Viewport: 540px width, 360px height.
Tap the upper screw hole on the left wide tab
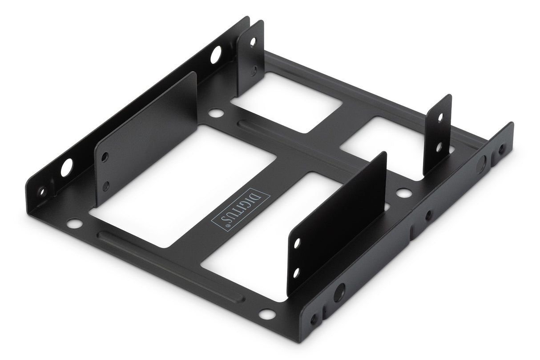point(105,157)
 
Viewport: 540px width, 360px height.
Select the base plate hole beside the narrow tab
point(403,193)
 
